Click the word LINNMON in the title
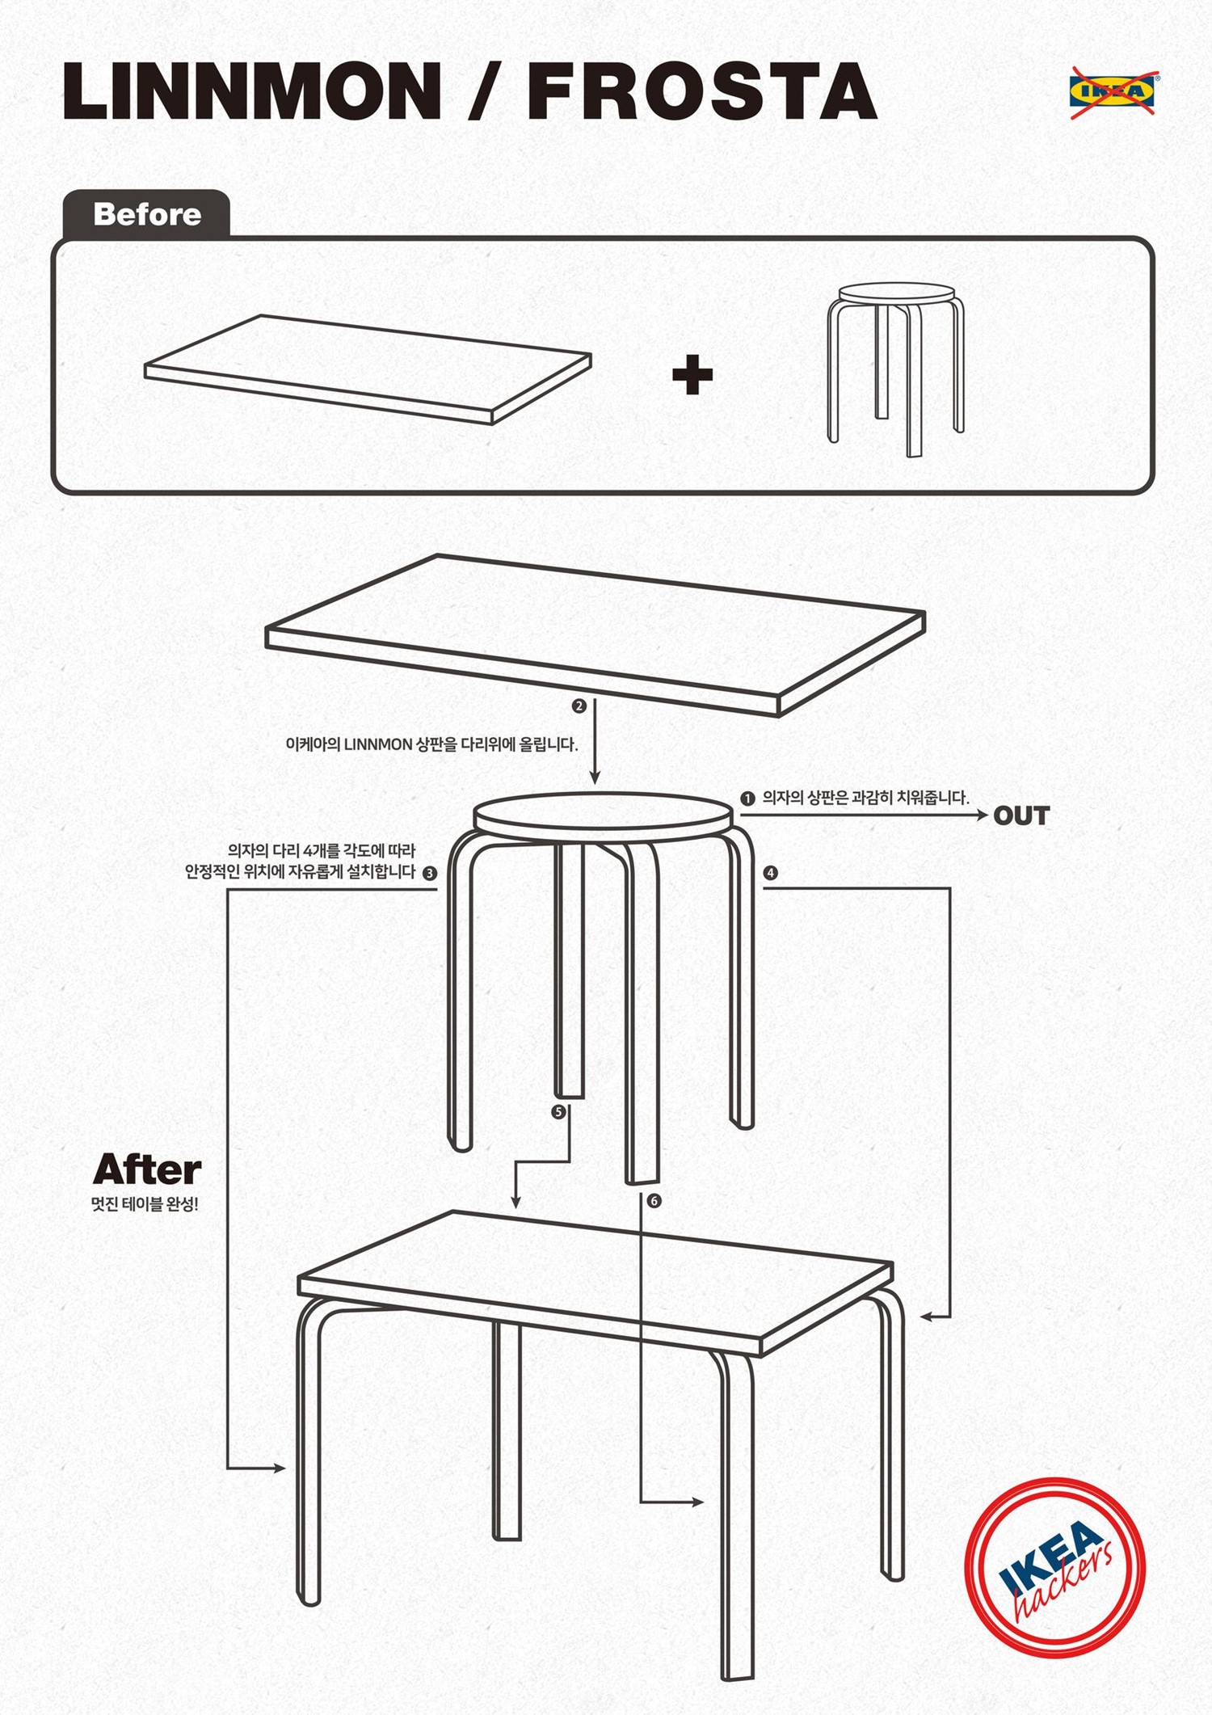pos(252,91)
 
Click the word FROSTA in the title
pos(702,91)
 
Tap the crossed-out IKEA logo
pos(1114,92)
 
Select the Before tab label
pos(147,214)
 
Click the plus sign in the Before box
pos(692,375)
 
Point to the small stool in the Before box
pos(895,368)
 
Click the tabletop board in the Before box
pos(368,369)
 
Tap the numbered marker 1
pos(747,799)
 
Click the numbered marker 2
pos(579,706)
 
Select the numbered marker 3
pos(430,873)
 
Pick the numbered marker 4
pos(771,873)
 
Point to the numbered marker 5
pos(558,1112)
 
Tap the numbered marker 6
pos(654,1201)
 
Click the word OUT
pos(1021,816)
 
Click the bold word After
pos(147,1169)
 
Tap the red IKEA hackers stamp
pos(1055,1568)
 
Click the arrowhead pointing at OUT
pos(983,816)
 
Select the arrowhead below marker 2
pos(595,777)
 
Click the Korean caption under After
pos(145,1204)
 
